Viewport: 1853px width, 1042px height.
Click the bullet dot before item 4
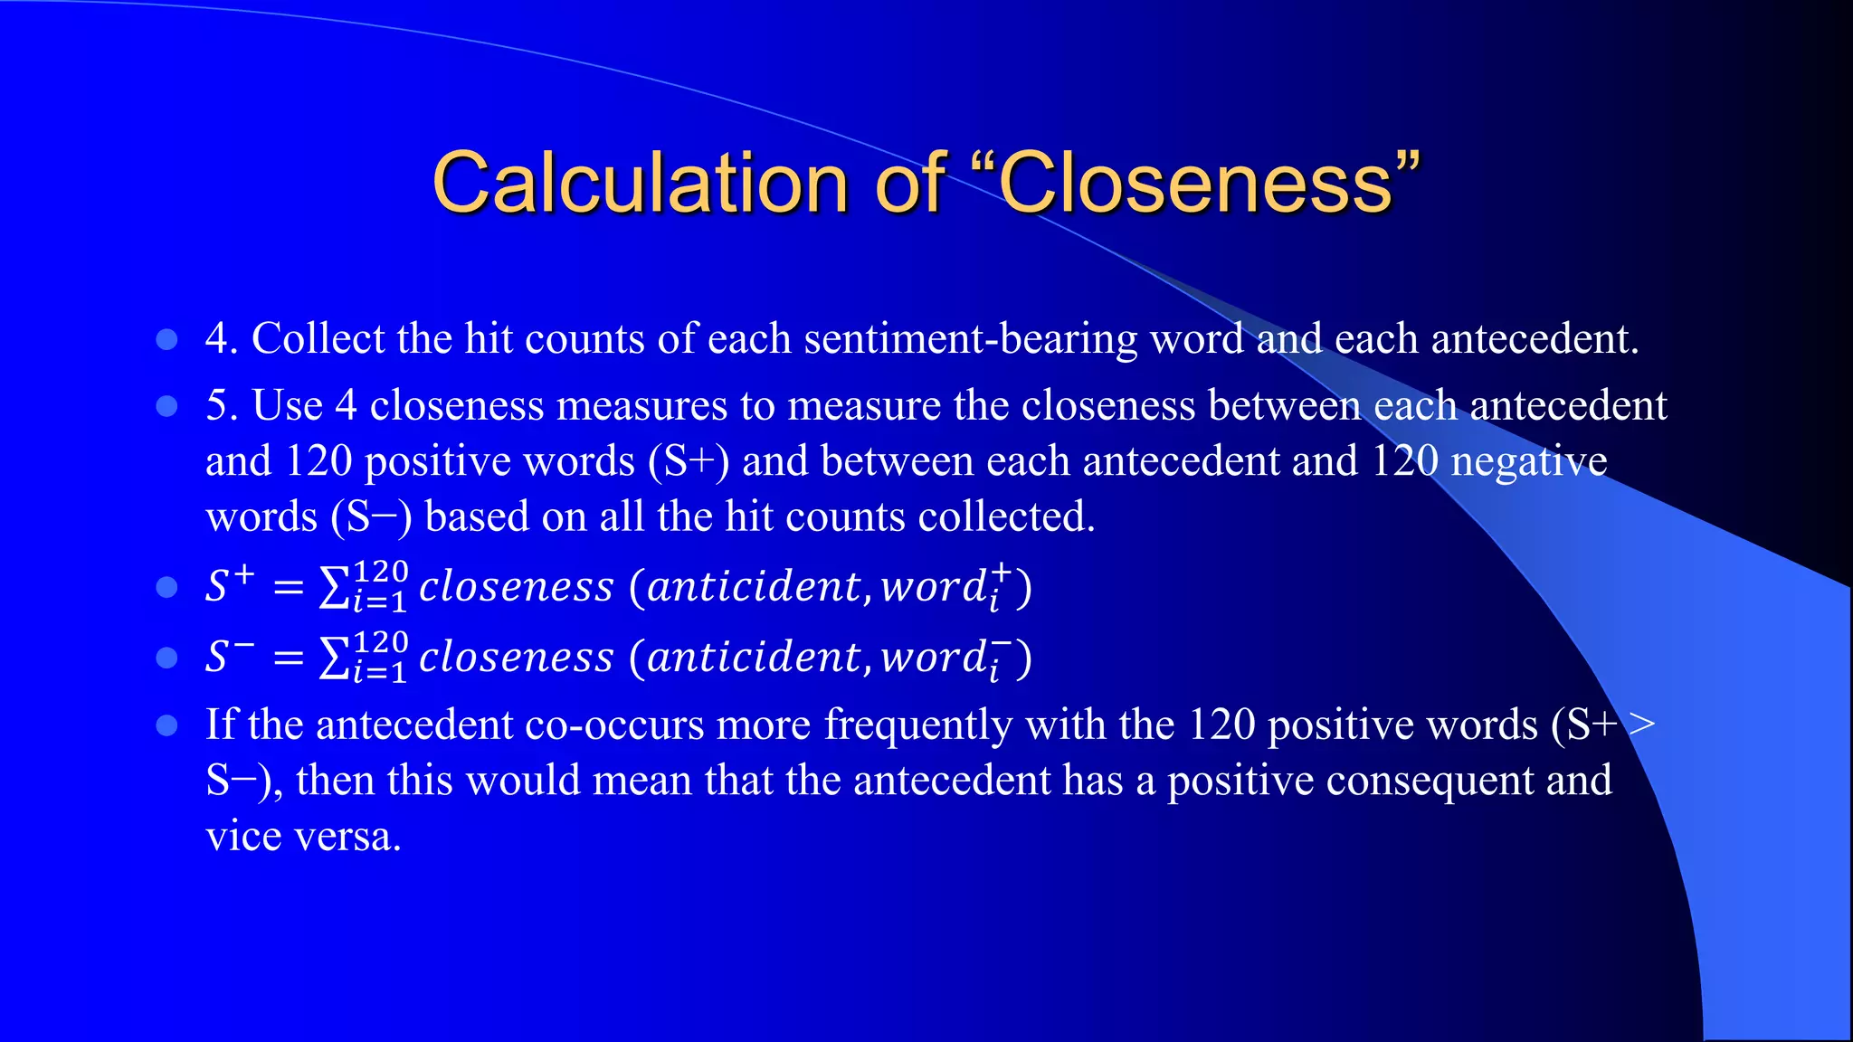pos(166,339)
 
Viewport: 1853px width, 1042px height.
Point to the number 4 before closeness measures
pos(346,405)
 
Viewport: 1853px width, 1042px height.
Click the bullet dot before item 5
pos(166,406)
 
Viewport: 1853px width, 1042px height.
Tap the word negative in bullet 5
pos(1529,461)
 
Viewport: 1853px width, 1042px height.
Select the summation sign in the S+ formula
pos(334,588)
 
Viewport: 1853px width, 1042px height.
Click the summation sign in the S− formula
pos(334,658)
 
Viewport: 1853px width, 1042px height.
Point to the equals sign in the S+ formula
pos(288,588)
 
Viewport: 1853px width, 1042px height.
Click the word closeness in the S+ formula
pos(517,587)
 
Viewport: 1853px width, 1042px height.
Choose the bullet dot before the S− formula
pos(166,657)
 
